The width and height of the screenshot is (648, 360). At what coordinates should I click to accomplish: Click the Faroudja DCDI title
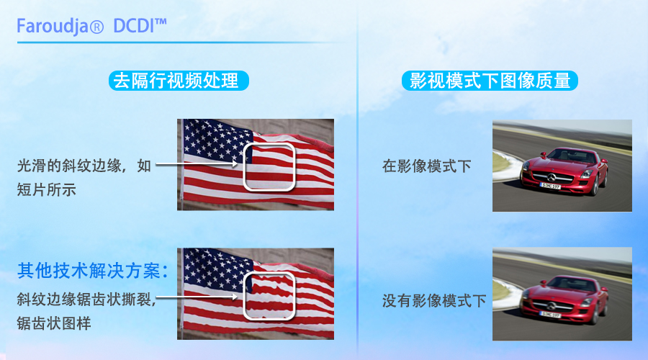pos(91,27)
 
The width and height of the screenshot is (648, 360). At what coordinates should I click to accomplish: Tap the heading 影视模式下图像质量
pos(490,80)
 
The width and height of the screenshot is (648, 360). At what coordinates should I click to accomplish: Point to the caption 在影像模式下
pos(426,166)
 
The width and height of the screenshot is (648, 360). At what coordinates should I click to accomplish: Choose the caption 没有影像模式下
pos(434,300)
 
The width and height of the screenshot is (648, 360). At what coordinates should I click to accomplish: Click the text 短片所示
pos(46,189)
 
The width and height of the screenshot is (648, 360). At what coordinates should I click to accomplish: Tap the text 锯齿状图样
pos(54,323)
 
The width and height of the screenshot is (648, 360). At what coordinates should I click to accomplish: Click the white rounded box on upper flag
pos(269,143)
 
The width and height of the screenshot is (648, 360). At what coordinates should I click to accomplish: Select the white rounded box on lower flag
pos(269,272)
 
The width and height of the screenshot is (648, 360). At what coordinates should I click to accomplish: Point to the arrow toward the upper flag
pos(197,164)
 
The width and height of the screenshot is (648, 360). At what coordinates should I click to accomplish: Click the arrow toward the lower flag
pos(197,297)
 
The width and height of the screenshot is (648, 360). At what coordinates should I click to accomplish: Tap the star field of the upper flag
pos(217,140)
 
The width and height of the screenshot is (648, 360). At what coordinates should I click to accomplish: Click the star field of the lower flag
pos(217,269)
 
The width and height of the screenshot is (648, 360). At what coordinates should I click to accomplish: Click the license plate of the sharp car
pos(551,186)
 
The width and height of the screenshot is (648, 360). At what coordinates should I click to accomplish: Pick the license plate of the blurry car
pos(549,315)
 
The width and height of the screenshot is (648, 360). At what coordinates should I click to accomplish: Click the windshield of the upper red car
pos(574,156)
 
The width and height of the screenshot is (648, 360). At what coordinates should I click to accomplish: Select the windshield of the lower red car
pos(574,284)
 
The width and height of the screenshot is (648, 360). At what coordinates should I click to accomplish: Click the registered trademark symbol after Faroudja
pos(96,27)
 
